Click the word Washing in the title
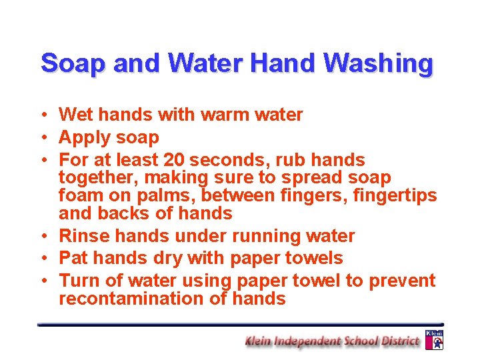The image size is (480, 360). pos(379,64)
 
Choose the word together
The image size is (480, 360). pos(99,178)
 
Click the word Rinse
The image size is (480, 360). pos(83,236)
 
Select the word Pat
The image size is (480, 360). pos(72,258)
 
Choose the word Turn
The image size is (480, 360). pos(78,281)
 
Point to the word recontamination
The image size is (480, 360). pos(132,299)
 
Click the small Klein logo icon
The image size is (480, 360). pos(434,339)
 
